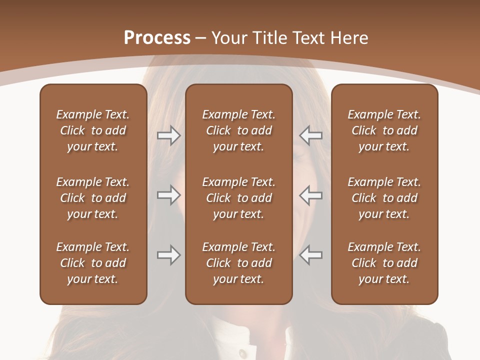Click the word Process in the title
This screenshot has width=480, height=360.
[157, 38]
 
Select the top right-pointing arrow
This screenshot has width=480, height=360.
[168, 135]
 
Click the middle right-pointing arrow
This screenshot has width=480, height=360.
[168, 195]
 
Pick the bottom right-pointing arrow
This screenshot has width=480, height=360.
[168, 255]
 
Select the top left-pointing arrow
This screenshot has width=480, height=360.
[310, 135]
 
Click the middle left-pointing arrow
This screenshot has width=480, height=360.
[310, 195]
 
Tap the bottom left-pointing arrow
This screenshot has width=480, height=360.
[310, 255]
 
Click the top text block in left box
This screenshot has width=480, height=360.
[93, 130]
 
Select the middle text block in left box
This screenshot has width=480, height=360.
[93, 198]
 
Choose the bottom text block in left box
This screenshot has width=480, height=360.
[93, 263]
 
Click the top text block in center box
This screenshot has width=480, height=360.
[238, 130]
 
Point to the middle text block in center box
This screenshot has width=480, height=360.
[238, 198]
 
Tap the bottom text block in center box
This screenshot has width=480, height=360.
[238, 263]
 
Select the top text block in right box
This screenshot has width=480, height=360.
[384, 130]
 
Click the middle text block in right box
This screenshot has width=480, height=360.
[384, 198]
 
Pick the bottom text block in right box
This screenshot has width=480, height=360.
[384, 263]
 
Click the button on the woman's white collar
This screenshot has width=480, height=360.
[242, 353]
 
